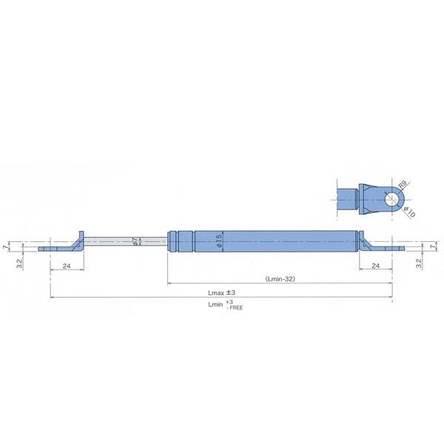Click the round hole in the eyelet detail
(x=390, y=197)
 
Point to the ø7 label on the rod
(x=134, y=242)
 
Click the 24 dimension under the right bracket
(x=375, y=266)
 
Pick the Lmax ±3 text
(x=221, y=294)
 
